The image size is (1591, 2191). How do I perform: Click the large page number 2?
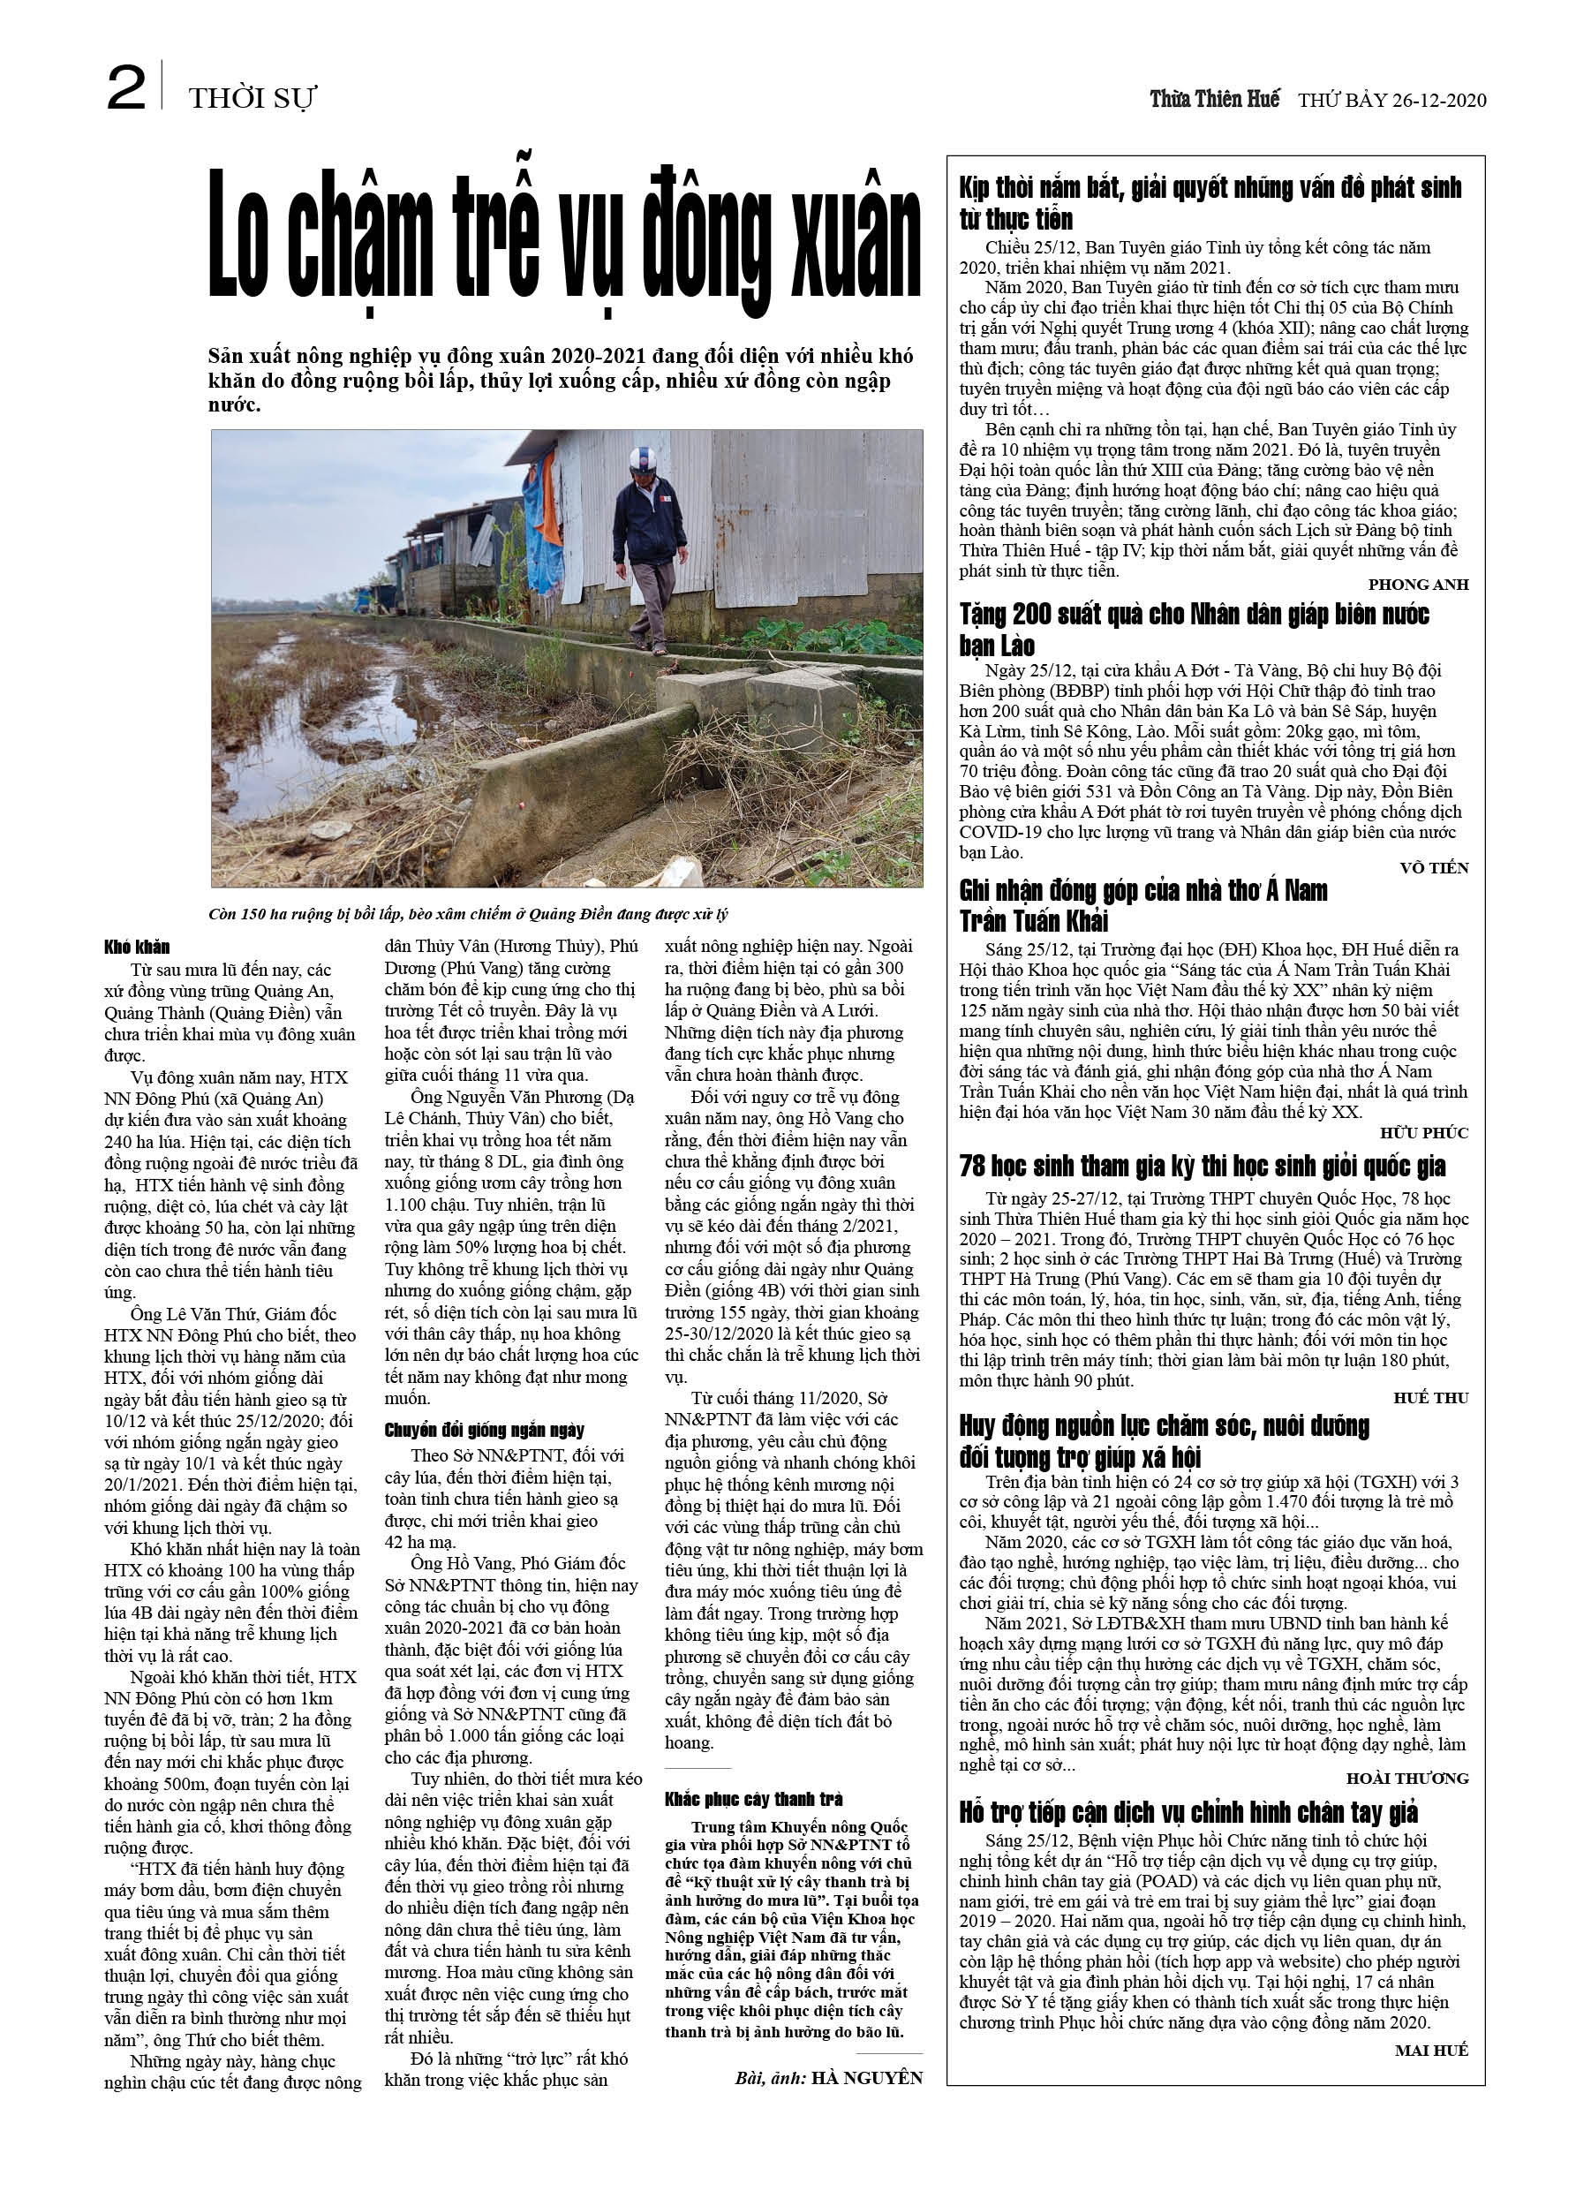click(x=125, y=89)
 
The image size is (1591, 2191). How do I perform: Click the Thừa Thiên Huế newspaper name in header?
click(x=1214, y=99)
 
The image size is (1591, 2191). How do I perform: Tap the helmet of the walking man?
click(x=641, y=459)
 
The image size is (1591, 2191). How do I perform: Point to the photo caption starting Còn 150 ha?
click(x=468, y=914)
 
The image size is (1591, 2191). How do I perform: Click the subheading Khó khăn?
click(x=137, y=948)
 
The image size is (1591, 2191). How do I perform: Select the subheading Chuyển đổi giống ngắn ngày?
click(x=484, y=1430)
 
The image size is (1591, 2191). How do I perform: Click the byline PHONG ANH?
click(x=1418, y=585)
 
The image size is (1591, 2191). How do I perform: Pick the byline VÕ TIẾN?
click(x=1434, y=867)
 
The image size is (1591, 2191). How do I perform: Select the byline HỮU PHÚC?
click(x=1424, y=1132)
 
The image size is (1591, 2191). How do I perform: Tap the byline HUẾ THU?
click(x=1429, y=1398)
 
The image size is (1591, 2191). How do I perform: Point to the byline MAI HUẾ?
click(x=1430, y=2049)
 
